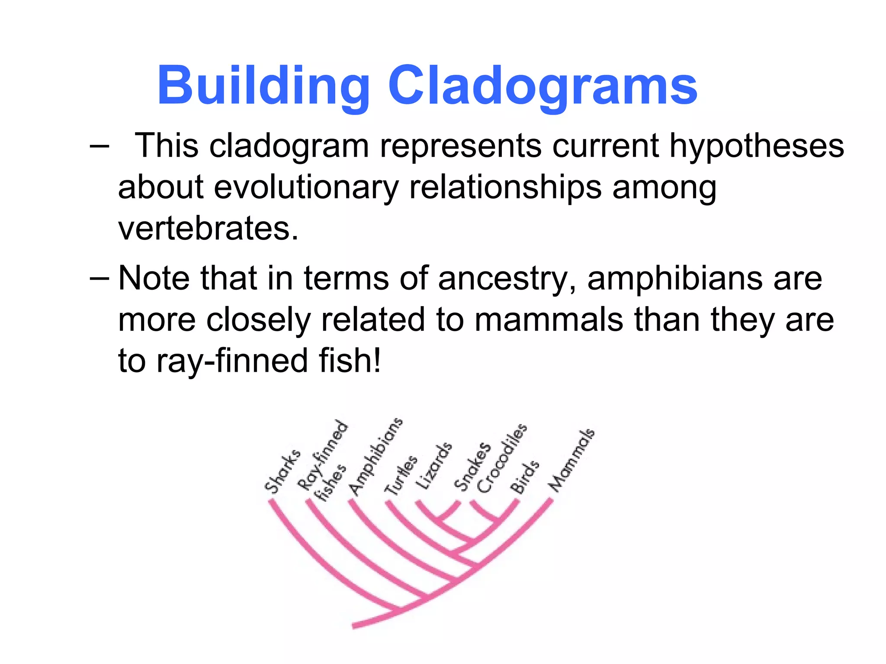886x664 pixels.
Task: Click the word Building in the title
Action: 263,86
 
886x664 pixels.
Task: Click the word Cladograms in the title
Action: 543,86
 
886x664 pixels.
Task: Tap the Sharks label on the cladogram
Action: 282,471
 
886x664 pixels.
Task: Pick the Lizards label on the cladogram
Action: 433,466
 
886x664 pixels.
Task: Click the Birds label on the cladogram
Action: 525,477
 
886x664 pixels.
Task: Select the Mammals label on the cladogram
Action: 571,460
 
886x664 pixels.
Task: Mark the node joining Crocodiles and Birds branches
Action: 497,519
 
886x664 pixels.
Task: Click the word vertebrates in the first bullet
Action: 208,228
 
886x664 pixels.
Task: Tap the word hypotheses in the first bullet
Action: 757,146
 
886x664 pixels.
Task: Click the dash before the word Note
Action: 100,279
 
